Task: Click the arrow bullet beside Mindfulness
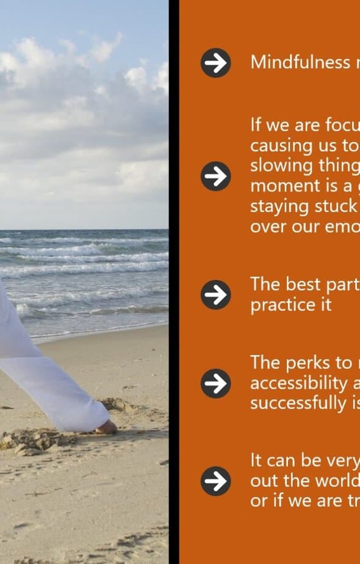pyautogui.click(x=215, y=63)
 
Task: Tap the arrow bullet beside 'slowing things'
pyautogui.click(x=215, y=176)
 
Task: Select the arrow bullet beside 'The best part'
pyautogui.click(x=215, y=295)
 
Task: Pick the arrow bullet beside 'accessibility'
pyautogui.click(x=215, y=383)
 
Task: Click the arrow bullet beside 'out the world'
pyautogui.click(x=215, y=481)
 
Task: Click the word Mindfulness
pyautogui.click(x=300, y=62)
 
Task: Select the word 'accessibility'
pyautogui.click(x=298, y=383)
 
